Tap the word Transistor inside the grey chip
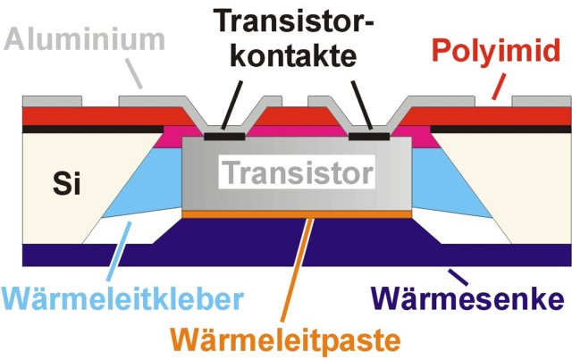click(298, 169)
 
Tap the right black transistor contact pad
click(368, 137)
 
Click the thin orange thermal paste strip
click(297, 214)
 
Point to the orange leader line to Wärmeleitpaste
click(304, 268)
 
